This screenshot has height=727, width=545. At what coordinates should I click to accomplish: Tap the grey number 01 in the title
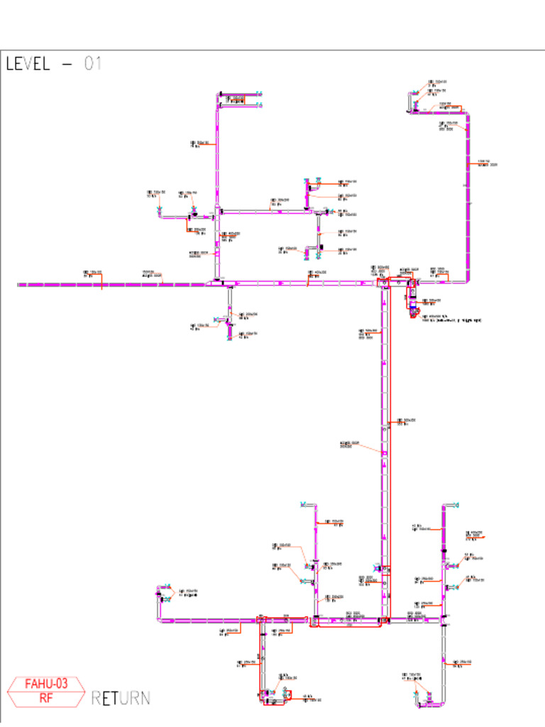[x=93, y=63]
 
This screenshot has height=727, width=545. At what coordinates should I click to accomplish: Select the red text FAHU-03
[x=47, y=684]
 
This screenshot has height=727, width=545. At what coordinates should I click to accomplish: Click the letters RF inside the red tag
[x=47, y=697]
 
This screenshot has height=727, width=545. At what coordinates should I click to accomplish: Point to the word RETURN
[x=121, y=698]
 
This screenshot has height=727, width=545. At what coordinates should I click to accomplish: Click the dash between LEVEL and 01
[x=67, y=63]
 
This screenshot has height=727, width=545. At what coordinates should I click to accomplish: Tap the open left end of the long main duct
[x=19, y=285]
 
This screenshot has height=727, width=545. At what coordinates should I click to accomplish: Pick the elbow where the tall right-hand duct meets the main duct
[x=465, y=281]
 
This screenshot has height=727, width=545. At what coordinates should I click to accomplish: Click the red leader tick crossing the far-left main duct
[x=103, y=285]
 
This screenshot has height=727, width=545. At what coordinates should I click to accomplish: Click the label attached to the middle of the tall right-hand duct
[x=486, y=163]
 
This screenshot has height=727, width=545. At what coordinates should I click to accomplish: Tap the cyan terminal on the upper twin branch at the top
[x=259, y=93]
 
